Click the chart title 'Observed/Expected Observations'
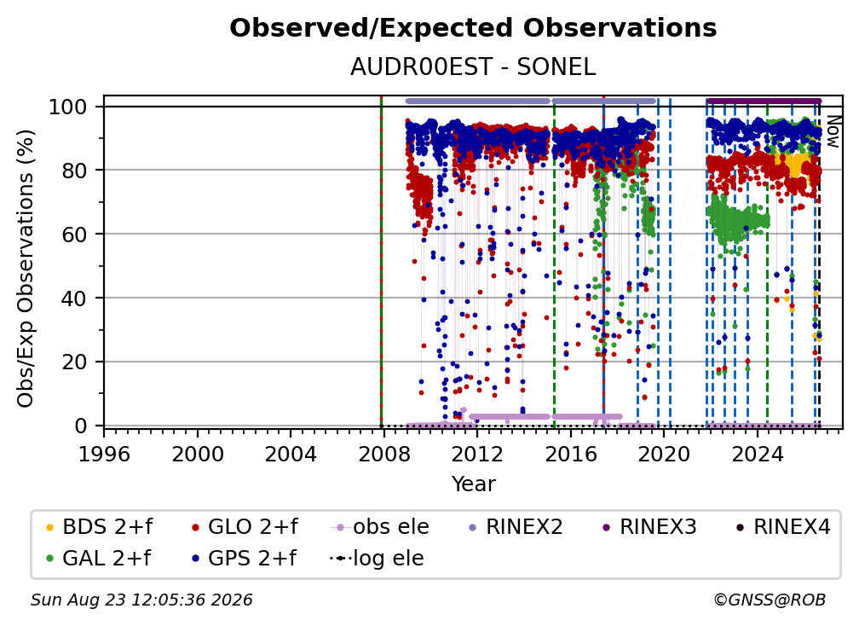click(x=473, y=28)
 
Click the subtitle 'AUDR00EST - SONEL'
click(x=473, y=67)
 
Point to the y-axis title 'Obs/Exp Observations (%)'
click(x=26, y=269)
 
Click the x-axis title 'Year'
click(x=473, y=484)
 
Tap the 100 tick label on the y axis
click(x=68, y=107)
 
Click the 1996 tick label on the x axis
click(x=104, y=455)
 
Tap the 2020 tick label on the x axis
click(x=664, y=455)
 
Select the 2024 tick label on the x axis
click(x=757, y=455)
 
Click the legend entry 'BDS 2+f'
click(x=99, y=527)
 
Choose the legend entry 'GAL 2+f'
click(x=98, y=559)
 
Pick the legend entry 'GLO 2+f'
click(x=245, y=527)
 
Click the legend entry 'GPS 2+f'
click(x=244, y=559)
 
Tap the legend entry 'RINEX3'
click(x=649, y=527)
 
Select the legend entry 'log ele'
click(x=377, y=559)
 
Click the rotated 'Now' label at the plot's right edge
click(x=832, y=131)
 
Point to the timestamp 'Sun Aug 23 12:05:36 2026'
click(x=141, y=600)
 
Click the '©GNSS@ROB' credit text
click(x=770, y=600)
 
